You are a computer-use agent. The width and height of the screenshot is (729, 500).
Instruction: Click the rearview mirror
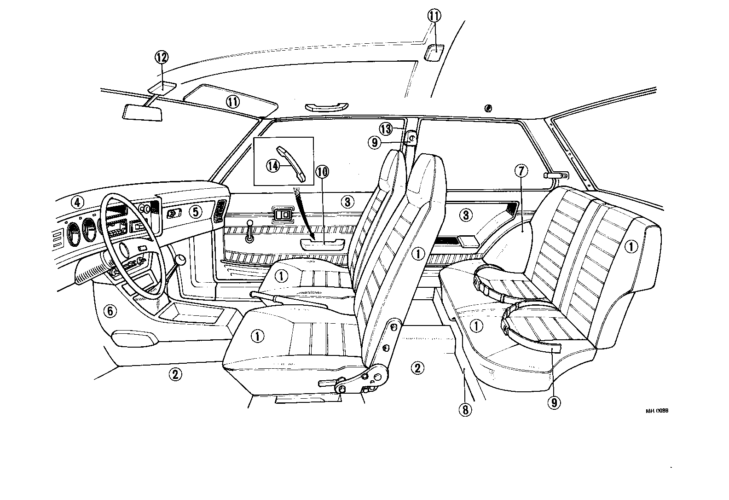[143, 112]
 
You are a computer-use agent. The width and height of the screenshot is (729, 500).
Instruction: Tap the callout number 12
[162, 58]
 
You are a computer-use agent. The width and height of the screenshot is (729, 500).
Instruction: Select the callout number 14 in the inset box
[273, 166]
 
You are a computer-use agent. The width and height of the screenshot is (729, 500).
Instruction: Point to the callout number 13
[386, 128]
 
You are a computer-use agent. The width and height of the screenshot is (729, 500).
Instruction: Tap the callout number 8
[465, 409]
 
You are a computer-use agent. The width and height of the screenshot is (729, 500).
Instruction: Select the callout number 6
[110, 311]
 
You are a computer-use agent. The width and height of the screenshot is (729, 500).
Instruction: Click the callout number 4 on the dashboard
[77, 202]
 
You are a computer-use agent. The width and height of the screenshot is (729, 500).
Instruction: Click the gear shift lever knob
[181, 260]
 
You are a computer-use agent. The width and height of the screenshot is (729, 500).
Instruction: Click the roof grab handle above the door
[325, 107]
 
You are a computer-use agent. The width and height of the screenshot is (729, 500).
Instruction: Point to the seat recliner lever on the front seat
[330, 382]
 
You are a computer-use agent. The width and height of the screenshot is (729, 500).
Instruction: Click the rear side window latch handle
[556, 175]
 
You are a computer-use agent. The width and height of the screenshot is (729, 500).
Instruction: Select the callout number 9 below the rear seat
[554, 402]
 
